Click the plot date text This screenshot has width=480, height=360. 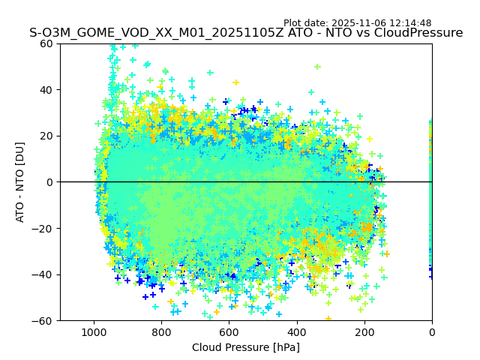357,23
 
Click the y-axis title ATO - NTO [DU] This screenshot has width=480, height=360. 20,182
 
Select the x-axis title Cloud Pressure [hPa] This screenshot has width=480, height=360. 246,347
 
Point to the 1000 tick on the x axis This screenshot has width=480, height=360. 94,330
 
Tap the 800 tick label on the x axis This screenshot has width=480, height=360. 161,330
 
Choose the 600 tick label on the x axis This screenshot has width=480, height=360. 229,330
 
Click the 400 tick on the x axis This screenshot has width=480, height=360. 297,330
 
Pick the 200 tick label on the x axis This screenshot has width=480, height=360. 364,330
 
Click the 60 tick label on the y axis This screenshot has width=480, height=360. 46,43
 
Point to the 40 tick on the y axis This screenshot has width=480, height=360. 46,90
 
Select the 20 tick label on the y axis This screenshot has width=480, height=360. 46,136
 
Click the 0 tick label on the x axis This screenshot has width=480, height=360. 432,330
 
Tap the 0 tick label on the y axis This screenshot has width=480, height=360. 49,182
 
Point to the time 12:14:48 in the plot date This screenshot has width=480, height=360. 409,23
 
